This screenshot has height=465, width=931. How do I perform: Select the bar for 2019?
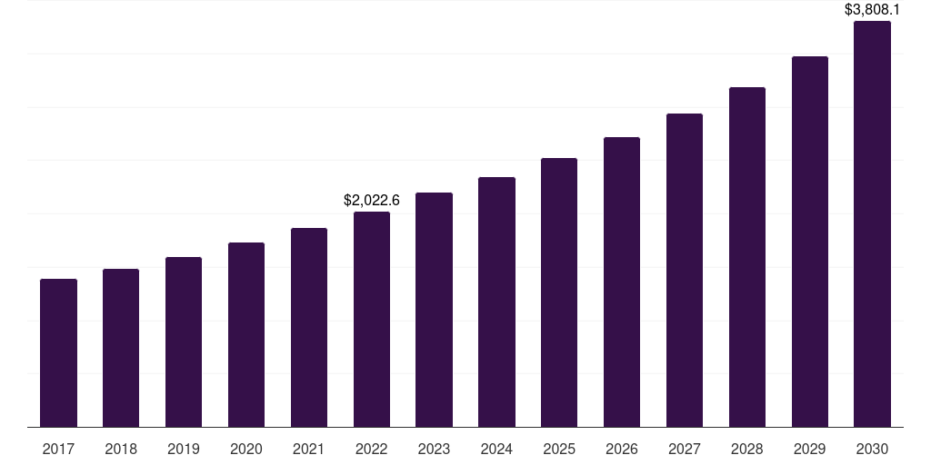click(184, 341)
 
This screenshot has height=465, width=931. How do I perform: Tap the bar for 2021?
click(309, 327)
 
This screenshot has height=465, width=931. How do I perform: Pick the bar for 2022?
click(372, 319)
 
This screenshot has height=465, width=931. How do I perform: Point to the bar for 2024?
click(496, 302)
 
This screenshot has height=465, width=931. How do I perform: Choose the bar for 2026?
click(622, 282)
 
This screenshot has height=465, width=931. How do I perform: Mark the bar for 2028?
click(747, 257)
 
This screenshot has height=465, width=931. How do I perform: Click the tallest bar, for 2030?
click(872, 223)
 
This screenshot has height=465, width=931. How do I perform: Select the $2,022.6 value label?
click(372, 200)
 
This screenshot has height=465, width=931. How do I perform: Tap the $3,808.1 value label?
click(872, 10)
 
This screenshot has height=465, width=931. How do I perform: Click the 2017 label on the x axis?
click(58, 449)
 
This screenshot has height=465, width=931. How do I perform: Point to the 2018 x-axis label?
click(121, 449)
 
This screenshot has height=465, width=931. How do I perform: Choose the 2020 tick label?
click(246, 449)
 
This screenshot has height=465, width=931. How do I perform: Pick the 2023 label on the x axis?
click(434, 449)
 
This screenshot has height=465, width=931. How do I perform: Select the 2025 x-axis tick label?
click(559, 449)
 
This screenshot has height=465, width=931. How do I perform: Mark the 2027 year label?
click(685, 449)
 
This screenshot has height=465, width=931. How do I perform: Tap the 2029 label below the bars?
click(809, 449)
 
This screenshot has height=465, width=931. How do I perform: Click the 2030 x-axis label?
click(872, 449)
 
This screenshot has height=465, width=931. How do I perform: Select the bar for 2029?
click(809, 242)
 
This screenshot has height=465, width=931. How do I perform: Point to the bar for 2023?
click(434, 310)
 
